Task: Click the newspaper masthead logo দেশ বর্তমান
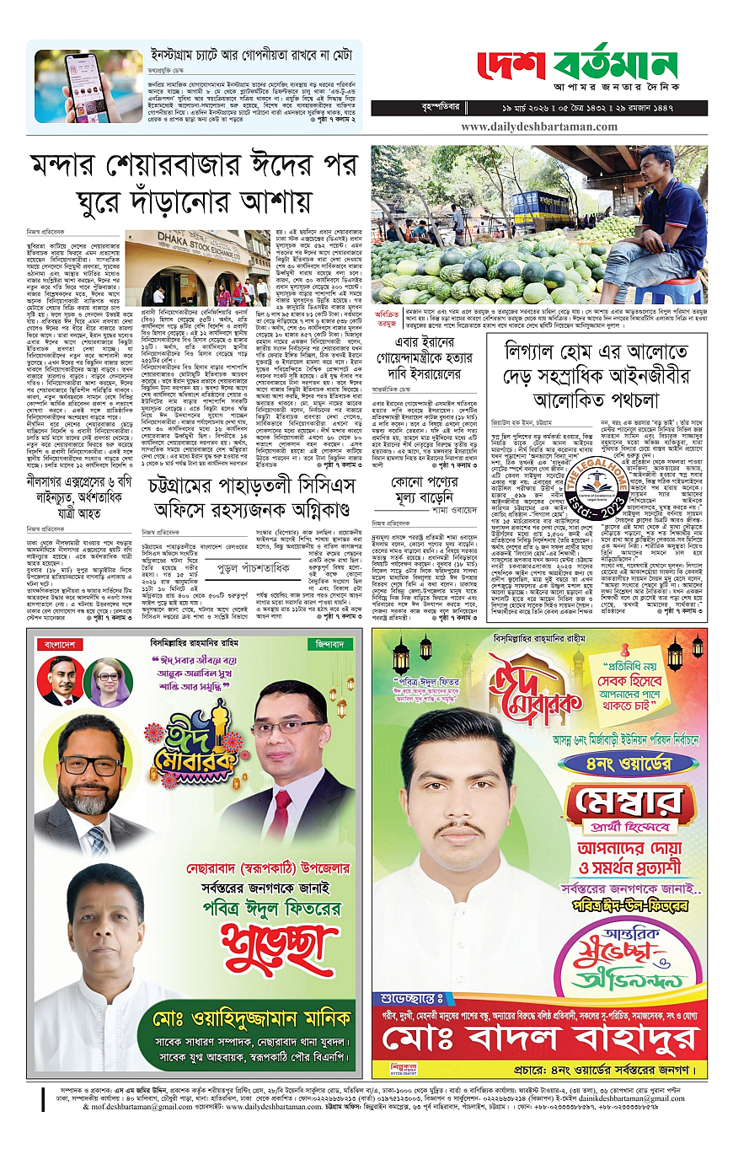(x=578, y=66)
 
